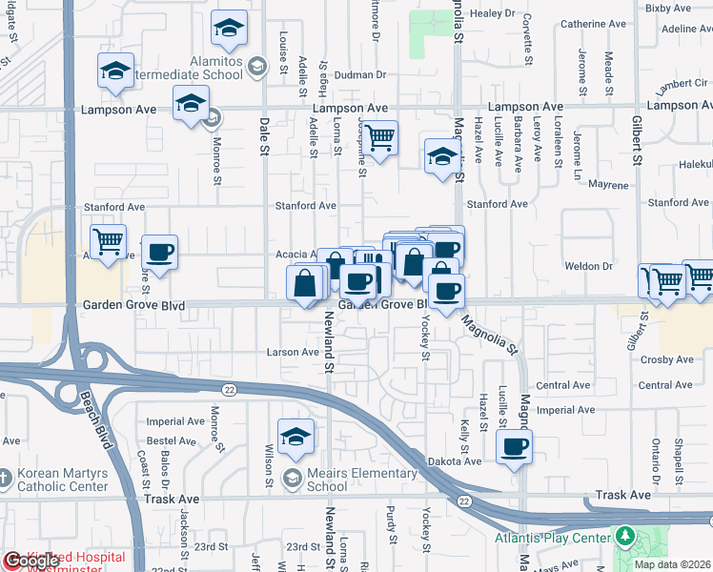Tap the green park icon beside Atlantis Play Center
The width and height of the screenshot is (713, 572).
click(x=624, y=536)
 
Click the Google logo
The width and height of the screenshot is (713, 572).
click(x=31, y=562)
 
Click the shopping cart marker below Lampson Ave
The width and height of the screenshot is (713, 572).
click(x=379, y=139)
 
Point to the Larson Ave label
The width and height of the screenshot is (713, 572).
click(x=296, y=352)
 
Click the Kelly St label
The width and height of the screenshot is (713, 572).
click(x=465, y=435)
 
